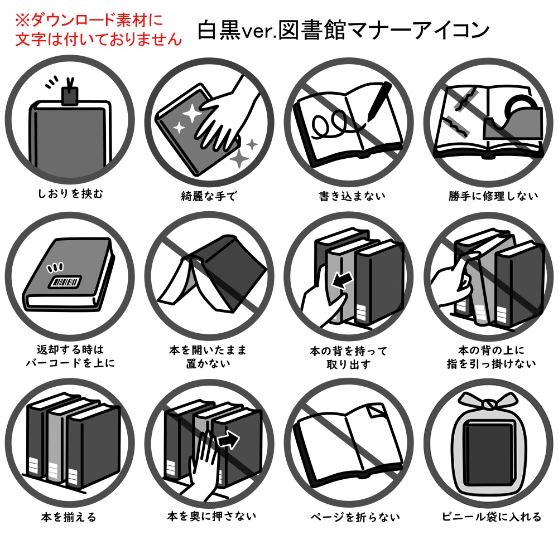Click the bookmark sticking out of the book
(70, 96)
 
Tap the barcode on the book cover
(65, 281)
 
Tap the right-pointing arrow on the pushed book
(227, 440)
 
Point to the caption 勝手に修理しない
(493, 196)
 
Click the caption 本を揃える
(69, 517)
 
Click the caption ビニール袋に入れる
(491, 517)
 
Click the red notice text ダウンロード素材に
(89, 21)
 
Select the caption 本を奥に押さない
(211, 517)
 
